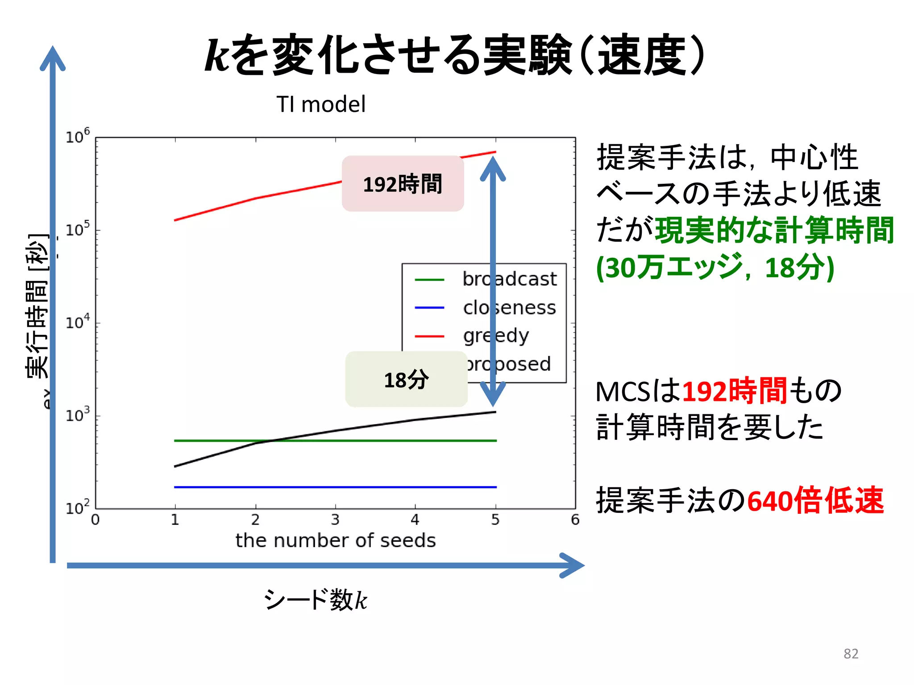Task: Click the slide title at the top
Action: click(455, 54)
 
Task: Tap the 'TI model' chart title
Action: click(321, 104)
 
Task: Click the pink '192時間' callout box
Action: click(403, 184)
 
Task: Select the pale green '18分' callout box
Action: click(406, 380)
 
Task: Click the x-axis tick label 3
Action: click(335, 520)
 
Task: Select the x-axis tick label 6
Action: click(575, 520)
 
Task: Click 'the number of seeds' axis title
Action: click(336, 541)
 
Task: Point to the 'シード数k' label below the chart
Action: click(316, 599)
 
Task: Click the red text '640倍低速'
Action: click(815, 500)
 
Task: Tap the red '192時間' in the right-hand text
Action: click(735, 391)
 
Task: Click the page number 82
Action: click(851, 654)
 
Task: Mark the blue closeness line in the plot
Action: click(335, 487)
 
